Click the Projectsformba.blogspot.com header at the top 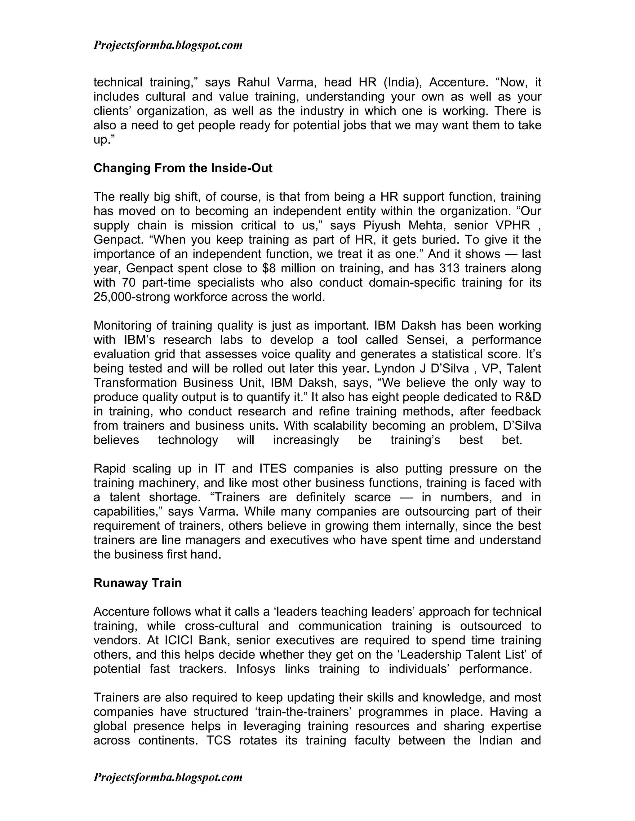coord(168,46)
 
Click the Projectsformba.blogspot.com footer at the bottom coord(168,777)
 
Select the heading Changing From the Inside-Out coord(183,168)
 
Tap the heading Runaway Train coord(137,583)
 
